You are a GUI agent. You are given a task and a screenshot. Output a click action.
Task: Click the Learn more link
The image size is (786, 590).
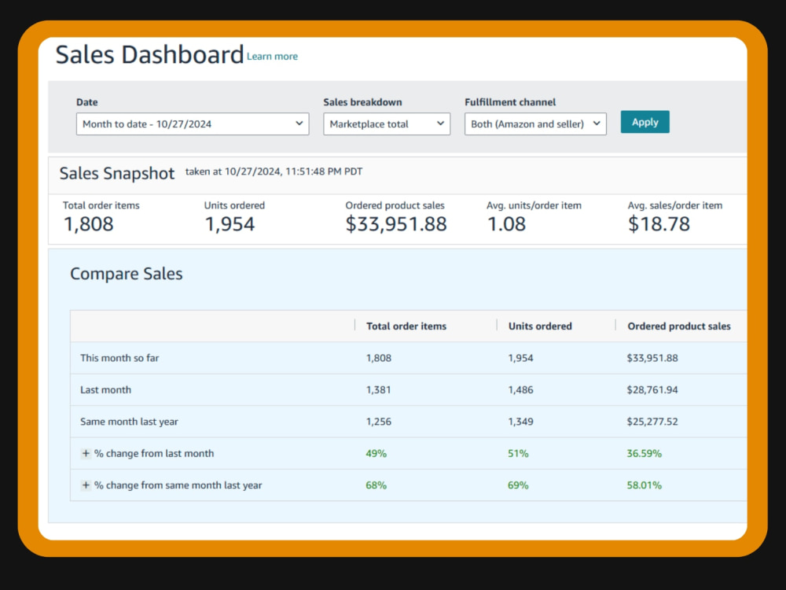click(272, 56)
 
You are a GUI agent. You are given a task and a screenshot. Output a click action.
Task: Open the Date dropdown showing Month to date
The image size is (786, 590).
click(193, 124)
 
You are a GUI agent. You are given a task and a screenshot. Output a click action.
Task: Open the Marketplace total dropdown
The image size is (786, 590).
click(387, 124)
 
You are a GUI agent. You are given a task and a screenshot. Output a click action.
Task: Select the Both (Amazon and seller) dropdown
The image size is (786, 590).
click(535, 124)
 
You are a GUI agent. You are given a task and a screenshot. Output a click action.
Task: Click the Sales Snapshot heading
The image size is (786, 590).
click(117, 174)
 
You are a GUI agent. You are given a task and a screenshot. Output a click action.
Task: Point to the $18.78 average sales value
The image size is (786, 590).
click(659, 223)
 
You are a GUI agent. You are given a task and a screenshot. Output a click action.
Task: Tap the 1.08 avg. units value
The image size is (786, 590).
click(506, 223)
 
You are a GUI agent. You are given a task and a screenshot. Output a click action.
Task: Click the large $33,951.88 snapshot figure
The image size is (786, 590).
click(396, 224)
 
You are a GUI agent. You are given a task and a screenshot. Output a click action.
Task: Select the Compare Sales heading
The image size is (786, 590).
click(127, 274)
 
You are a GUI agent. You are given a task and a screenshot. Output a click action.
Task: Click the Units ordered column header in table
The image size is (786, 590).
click(540, 326)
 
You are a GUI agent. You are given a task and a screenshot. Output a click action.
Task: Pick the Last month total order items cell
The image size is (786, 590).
click(379, 390)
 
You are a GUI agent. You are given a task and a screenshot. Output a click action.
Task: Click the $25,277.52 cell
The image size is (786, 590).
click(652, 422)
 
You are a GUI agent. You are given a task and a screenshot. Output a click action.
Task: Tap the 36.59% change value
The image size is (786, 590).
click(645, 454)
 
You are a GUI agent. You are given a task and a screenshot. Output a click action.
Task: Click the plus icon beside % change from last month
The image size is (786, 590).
click(86, 454)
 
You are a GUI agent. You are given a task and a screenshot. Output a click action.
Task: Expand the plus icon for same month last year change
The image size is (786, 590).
click(86, 485)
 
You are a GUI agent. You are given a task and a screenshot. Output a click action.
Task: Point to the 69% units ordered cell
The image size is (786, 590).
click(518, 485)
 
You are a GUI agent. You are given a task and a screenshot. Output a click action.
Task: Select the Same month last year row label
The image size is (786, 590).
click(130, 422)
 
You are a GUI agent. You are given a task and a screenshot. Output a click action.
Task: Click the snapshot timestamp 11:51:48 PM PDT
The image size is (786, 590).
click(324, 171)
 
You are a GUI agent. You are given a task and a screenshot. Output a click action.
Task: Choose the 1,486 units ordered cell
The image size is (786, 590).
click(521, 390)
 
